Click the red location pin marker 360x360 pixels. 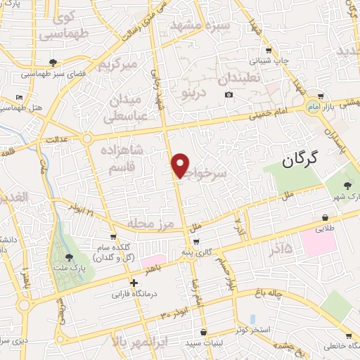tap(181, 165)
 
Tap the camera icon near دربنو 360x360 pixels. tap(229, 95)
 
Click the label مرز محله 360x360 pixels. tap(150, 223)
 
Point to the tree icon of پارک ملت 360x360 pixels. tap(68, 258)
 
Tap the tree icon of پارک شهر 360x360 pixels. tap(348, 186)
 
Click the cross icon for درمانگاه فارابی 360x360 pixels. tap(134, 283)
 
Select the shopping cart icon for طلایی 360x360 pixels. tap(325, 218)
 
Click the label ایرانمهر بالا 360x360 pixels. tap(141, 342)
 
